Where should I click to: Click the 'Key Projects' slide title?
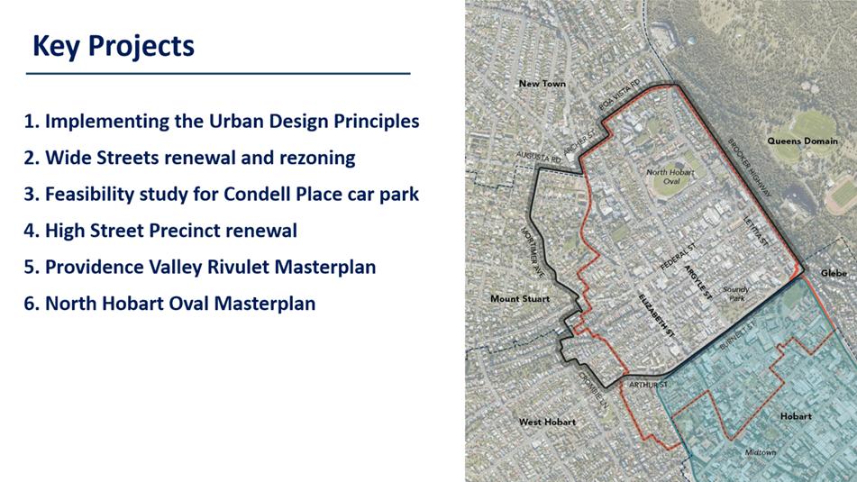coord(114,46)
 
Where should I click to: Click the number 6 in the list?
coord(31,304)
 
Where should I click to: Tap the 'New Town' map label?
coord(542,84)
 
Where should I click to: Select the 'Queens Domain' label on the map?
coord(802,141)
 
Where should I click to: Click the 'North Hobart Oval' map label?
coord(670,177)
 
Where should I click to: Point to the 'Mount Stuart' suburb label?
coord(520,299)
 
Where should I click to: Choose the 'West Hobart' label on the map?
coord(547,422)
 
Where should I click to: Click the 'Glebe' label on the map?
coord(834,273)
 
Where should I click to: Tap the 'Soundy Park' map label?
coord(736,294)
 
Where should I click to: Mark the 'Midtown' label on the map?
coord(761,452)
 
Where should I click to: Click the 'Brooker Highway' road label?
coord(750,168)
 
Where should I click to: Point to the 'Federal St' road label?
coord(679,256)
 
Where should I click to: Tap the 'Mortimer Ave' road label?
coord(533,252)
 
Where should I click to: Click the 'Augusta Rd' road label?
coord(539,158)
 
